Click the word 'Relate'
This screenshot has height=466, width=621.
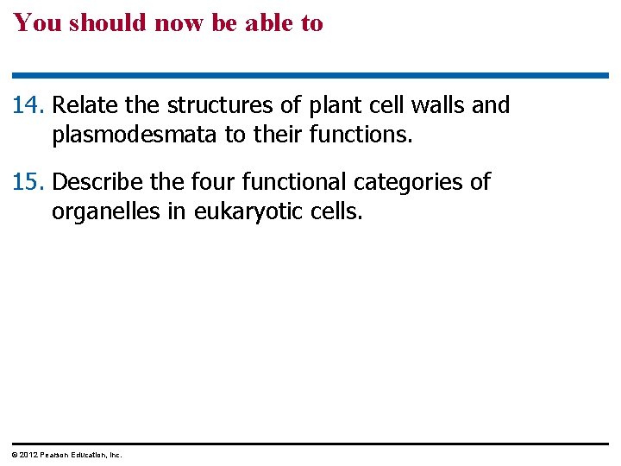(x=85, y=106)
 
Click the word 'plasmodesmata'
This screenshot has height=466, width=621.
(x=133, y=135)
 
